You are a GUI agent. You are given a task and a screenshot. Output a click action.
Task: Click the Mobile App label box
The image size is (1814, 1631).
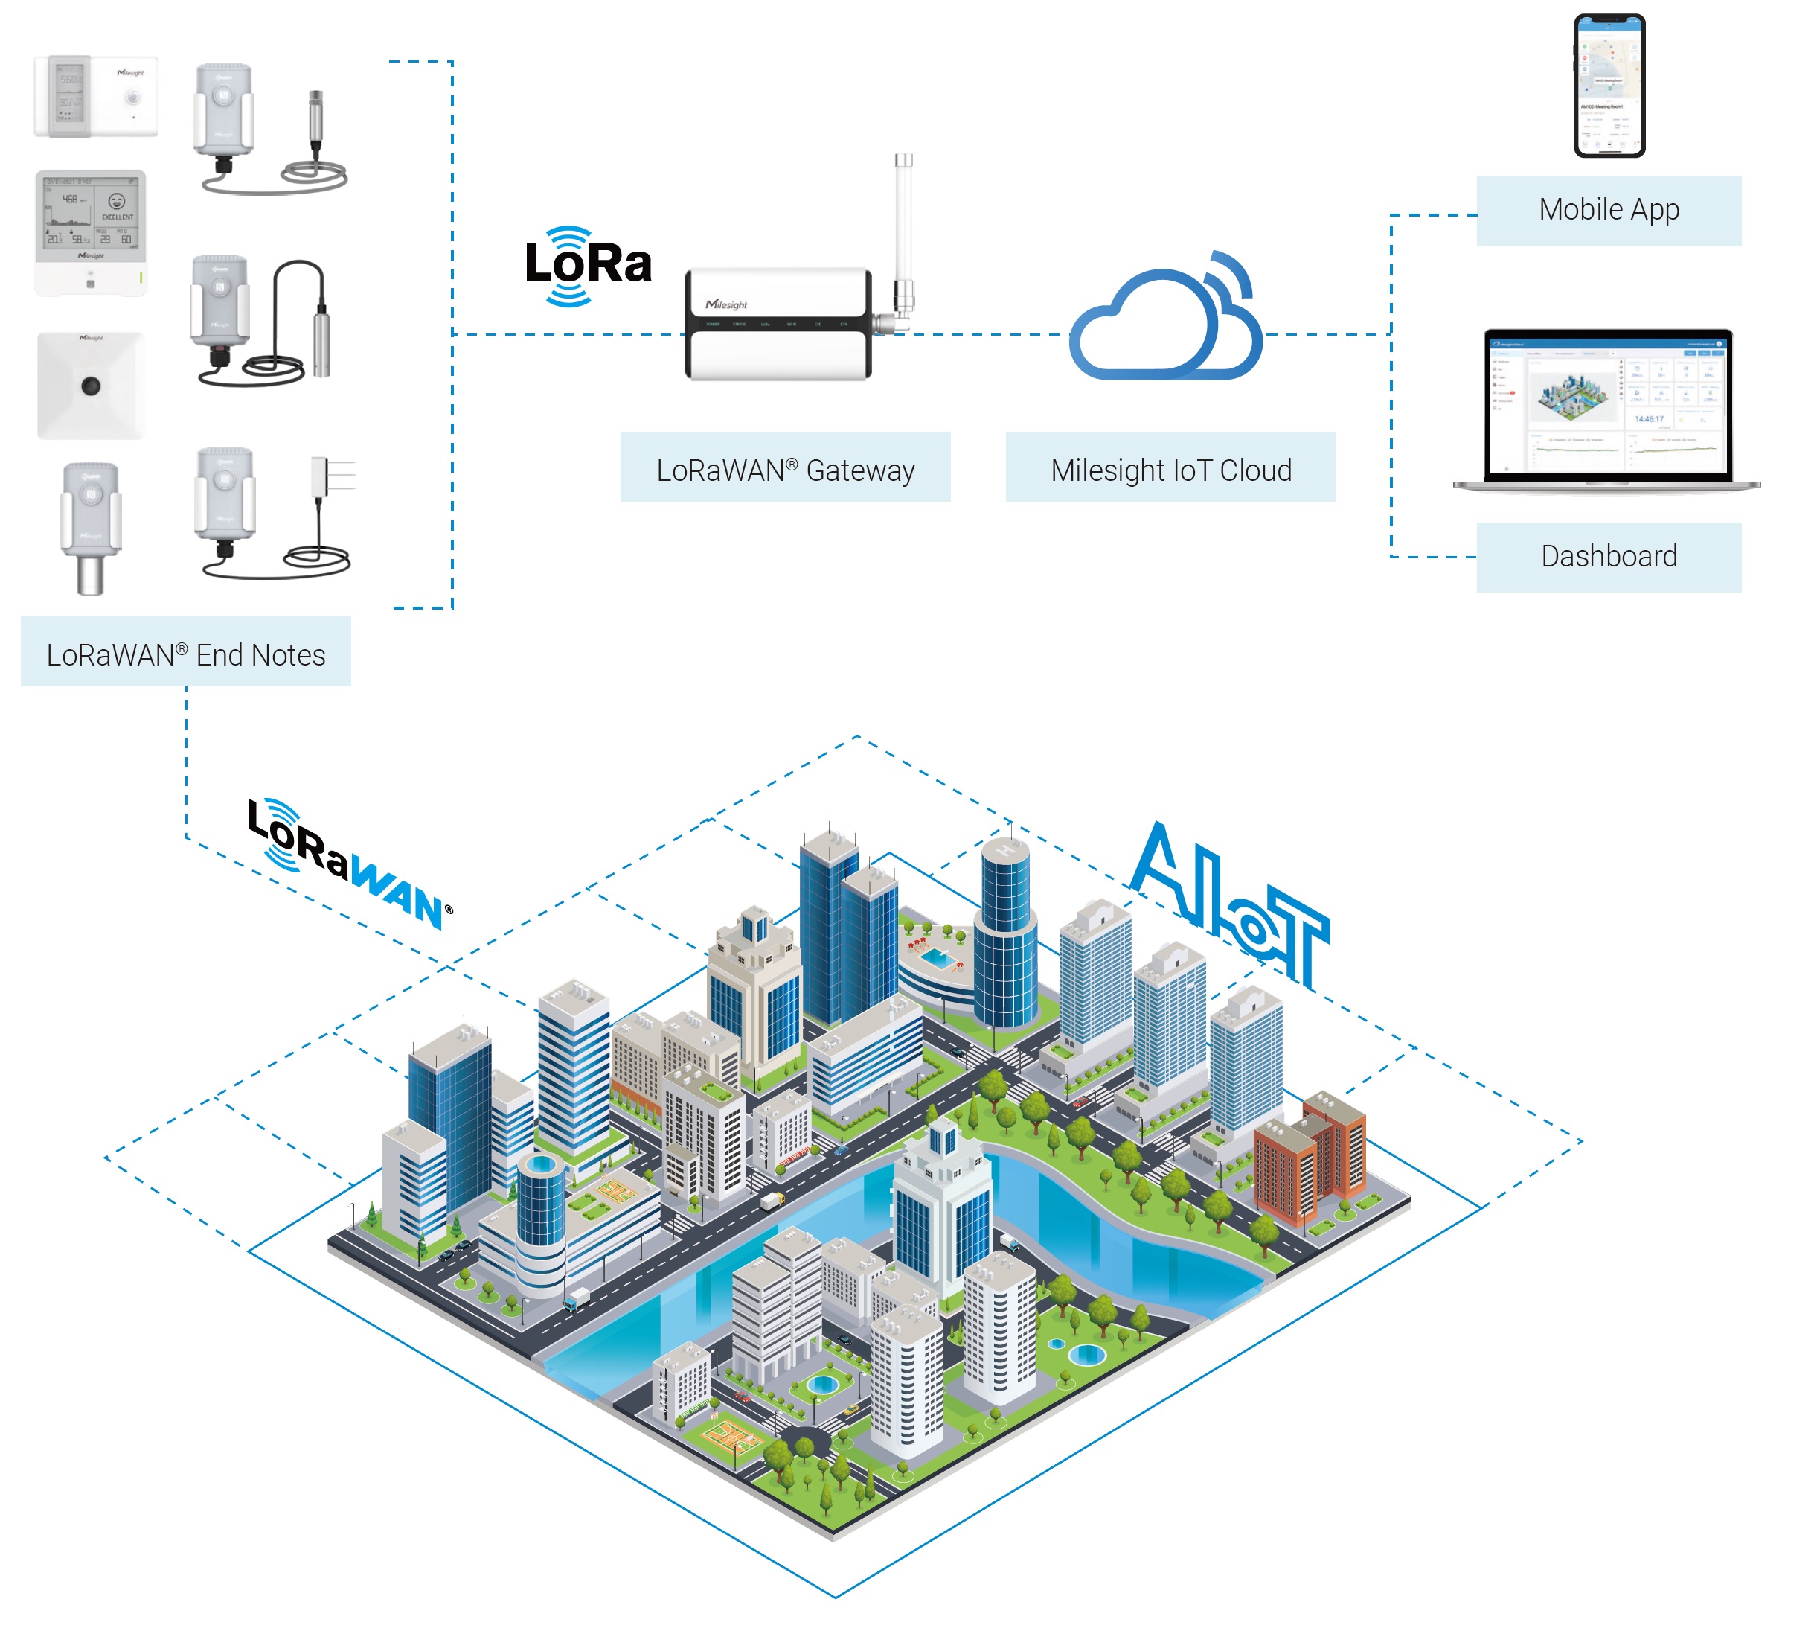pos(1608,211)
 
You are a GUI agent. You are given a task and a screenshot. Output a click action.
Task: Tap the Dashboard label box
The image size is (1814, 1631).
pos(1608,557)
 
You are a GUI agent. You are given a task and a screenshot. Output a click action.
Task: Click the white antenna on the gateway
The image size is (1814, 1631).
pos(903,224)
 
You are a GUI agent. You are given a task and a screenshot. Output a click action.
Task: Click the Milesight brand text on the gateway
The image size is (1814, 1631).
pos(725,304)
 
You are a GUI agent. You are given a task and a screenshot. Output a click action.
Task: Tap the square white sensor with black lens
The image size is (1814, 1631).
pos(91,386)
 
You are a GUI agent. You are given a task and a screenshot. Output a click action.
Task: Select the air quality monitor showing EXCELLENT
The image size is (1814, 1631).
pos(91,232)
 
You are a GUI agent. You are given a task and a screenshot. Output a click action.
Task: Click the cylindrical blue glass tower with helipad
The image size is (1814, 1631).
pos(1005,932)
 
